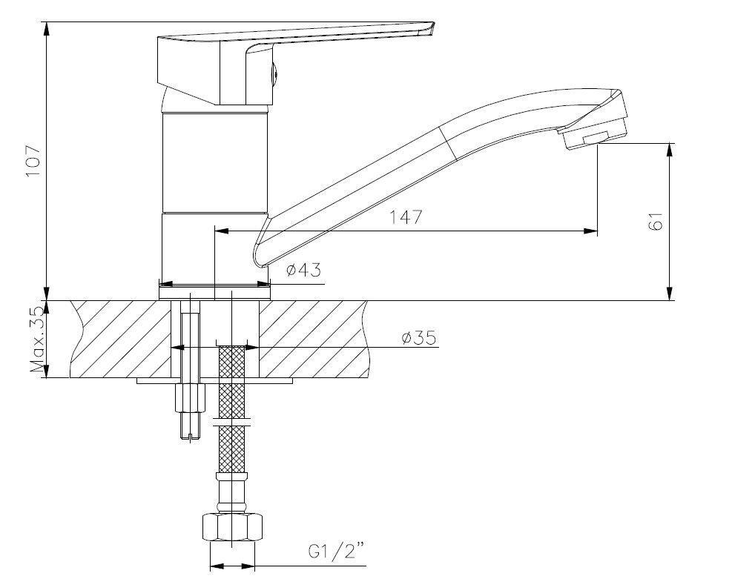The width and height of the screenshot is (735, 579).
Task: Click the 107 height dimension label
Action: pos(33,161)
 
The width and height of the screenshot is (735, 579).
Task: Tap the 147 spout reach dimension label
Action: pos(406,217)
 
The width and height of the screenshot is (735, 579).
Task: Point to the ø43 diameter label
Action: pos(304,270)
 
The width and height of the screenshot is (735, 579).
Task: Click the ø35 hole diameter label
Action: pos(420,337)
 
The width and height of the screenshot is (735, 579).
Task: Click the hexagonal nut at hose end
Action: pos(232,527)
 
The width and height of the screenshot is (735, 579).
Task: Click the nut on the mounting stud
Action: pos(190,397)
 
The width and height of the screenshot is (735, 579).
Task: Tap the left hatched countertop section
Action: pos(120,339)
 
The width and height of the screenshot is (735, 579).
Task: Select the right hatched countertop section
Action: pos(313,339)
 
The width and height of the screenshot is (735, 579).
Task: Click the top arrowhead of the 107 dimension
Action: pos(47,29)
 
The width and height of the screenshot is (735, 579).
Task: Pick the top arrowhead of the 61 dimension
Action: pos(670,150)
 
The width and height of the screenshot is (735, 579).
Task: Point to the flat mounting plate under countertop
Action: pos(214,380)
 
